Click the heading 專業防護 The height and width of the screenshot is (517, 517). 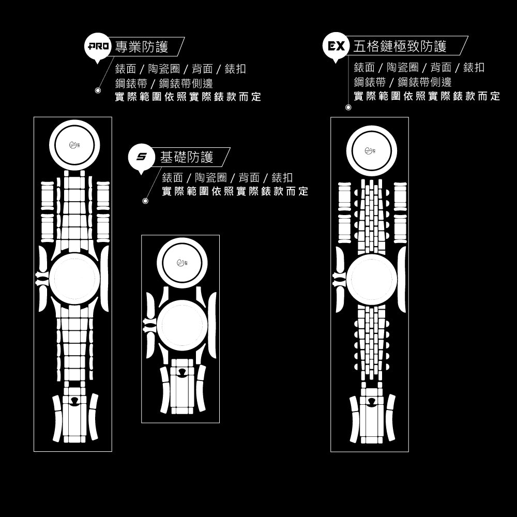142,48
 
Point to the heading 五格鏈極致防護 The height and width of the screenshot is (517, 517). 400,47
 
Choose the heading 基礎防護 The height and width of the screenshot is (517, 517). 187,157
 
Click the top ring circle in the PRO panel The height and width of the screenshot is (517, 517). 74,145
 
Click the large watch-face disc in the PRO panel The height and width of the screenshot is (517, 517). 73,279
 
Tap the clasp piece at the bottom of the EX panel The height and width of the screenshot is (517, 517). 372,418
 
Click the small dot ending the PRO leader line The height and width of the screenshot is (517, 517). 98,90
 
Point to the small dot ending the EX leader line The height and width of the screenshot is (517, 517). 348,108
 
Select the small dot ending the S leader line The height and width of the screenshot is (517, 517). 145,201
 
